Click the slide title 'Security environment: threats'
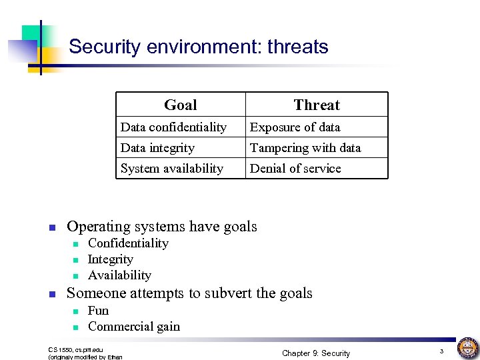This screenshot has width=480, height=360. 199,47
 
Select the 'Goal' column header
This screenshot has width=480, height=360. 181,105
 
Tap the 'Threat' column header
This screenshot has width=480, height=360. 317,105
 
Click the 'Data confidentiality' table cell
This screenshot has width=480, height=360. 173,127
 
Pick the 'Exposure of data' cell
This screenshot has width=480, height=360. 295,127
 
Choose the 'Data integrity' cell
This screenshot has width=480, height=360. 157,148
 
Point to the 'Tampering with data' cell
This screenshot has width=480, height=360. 305,148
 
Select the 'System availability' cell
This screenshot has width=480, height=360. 172,169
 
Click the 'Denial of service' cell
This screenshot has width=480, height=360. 295,169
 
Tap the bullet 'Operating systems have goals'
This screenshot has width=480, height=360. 162,227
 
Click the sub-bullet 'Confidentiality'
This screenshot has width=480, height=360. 128,243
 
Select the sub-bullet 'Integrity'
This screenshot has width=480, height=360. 111,259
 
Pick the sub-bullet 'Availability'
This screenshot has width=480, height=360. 119,275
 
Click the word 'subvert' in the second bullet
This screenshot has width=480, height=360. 229,293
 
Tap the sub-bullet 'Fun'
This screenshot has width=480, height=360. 98,311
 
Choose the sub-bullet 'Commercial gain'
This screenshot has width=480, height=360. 134,327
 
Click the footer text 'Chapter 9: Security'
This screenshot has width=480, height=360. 316,353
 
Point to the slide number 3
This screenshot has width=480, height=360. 441,351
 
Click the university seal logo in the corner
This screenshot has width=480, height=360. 467,347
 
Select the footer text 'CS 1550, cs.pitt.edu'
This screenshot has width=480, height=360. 76,349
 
